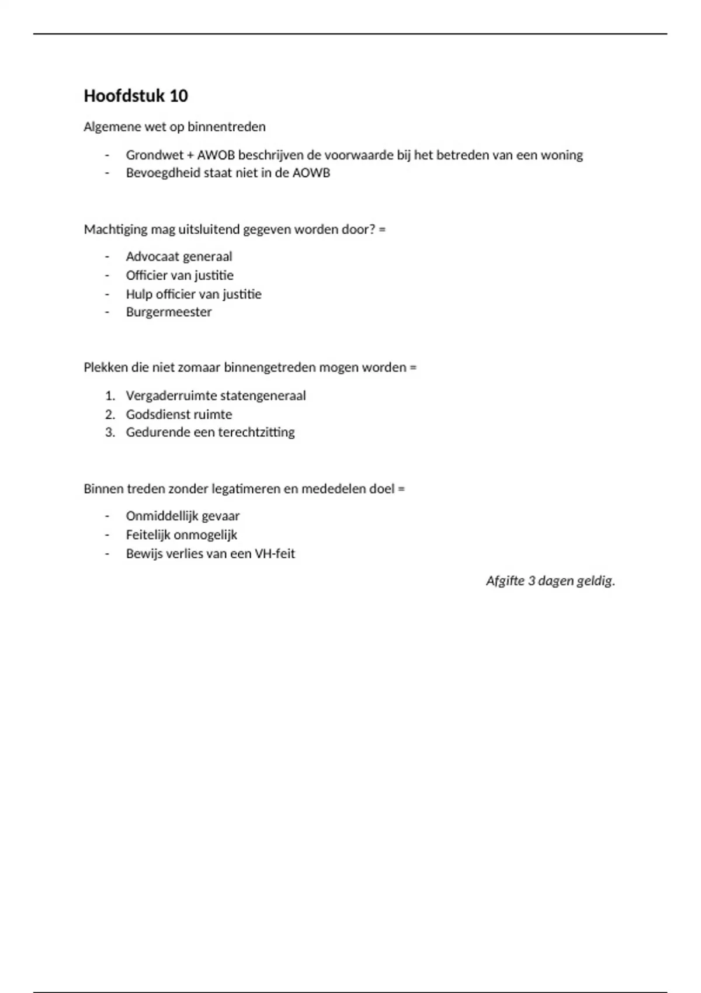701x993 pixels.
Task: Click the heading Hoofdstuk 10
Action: [136, 96]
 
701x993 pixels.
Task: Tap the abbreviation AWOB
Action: [216, 155]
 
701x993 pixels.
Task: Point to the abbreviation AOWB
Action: [311, 173]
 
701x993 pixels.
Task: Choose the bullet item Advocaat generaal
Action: [179, 256]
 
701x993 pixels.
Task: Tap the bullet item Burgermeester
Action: [168, 312]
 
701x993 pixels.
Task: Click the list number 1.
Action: [109, 396]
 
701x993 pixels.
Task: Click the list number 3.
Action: [109, 432]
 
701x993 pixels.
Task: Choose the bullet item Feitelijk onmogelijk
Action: [181, 535]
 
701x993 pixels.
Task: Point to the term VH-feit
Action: [275, 554]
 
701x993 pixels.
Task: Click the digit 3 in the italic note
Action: [532, 581]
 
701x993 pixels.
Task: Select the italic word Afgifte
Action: [505, 581]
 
